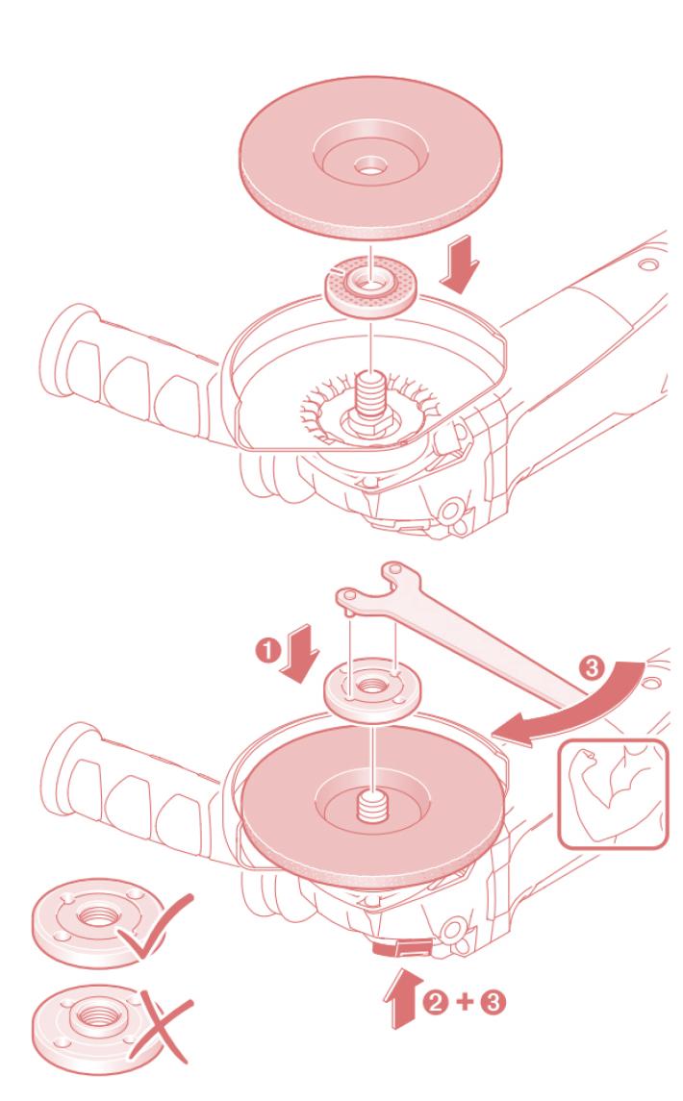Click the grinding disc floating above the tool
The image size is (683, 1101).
tap(370, 158)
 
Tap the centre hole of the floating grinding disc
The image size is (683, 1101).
tap(369, 167)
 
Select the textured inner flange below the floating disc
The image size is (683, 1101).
tap(369, 286)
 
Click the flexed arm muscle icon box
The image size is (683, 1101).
tap(613, 794)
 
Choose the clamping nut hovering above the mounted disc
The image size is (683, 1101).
tap(371, 691)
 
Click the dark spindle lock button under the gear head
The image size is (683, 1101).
tap(402, 948)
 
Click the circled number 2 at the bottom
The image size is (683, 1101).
tap(435, 1001)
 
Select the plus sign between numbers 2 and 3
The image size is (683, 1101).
tap(465, 1001)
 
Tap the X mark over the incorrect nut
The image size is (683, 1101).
tap(162, 1027)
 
